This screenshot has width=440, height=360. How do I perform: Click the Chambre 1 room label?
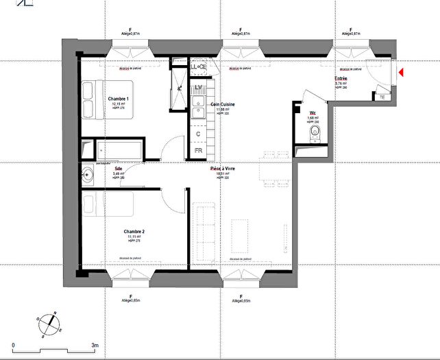point(118,99)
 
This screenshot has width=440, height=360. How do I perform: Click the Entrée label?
point(341,78)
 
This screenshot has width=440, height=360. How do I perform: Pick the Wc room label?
point(313,112)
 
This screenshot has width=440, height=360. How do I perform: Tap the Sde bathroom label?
point(118,167)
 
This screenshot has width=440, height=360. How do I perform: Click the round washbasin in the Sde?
point(88,174)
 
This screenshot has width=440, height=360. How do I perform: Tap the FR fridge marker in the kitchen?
point(198,150)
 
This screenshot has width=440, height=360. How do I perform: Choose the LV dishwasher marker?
point(199,89)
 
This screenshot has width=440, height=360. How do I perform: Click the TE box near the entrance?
point(383,97)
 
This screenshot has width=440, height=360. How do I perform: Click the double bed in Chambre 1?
point(93,100)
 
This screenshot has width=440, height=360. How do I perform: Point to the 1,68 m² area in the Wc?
point(313,118)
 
